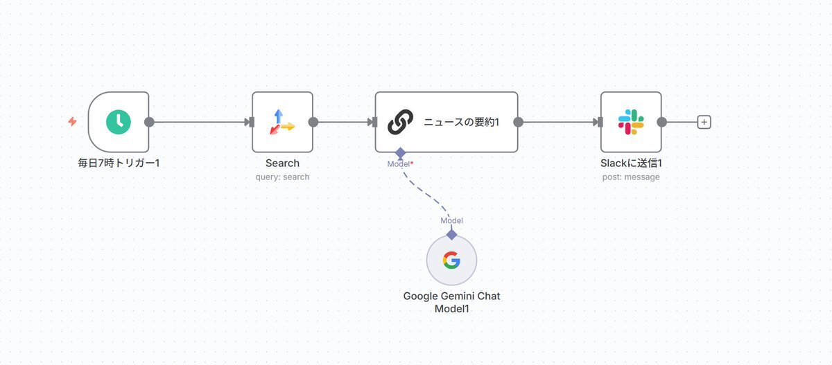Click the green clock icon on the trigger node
pos(119,122)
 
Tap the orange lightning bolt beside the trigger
pos(72,122)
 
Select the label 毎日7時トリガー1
pos(119,163)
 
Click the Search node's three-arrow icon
pos(282,122)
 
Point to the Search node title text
pos(282,163)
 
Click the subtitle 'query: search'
pos(282,177)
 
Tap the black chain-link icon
pos(400,122)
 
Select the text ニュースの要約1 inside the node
pos(461,123)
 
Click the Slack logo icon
pos(631,122)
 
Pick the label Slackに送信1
pos(631,163)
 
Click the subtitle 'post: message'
pos(631,177)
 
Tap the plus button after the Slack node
pos(704,122)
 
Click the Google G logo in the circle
pos(451,260)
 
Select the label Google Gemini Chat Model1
pos(451,303)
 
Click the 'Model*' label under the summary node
pos(400,163)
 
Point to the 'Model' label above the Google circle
pos(451,220)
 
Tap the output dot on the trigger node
pos(149,122)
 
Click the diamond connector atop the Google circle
pos(451,235)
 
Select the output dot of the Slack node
pos(661,122)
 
